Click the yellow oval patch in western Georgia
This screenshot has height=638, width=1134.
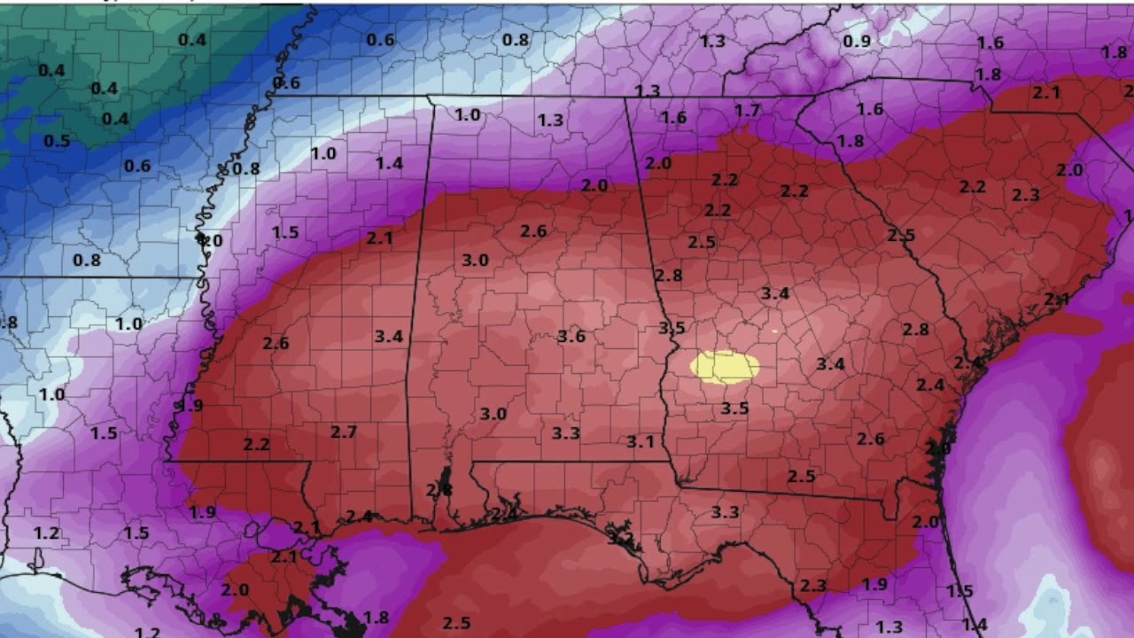pyautogui.click(x=725, y=367)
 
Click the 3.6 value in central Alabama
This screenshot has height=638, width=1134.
pyautogui.click(x=571, y=336)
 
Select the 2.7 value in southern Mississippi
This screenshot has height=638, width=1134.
pyautogui.click(x=344, y=432)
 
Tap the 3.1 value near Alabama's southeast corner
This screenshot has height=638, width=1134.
pyautogui.click(x=640, y=441)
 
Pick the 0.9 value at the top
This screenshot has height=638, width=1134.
pyautogui.click(x=857, y=41)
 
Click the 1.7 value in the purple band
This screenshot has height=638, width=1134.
pyautogui.click(x=747, y=110)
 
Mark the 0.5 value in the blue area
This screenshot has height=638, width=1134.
pyautogui.click(x=57, y=141)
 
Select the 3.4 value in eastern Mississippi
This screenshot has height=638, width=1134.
pyautogui.click(x=388, y=336)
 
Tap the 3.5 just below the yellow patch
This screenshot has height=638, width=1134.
pyautogui.click(x=734, y=408)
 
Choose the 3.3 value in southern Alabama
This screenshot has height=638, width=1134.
pyautogui.click(x=565, y=432)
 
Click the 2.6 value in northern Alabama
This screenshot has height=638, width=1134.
pyautogui.click(x=533, y=230)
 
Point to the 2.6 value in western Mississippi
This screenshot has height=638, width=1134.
pyautogui.click(x=276, y=343)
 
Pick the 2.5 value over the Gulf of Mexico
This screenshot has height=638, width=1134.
pyautogui.click(x=456, y=623)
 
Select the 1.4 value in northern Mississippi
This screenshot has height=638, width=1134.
pyautogui.click(x=389, y=162)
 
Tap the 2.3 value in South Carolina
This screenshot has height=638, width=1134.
pyautogui.click(x=1025, y=194)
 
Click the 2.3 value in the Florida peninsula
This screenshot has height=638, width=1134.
pyautogui.click(x=812, y=586)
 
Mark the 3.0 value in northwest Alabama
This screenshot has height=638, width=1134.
pyautogui.click(x=476, y=260)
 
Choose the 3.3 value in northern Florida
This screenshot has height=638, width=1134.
pyautogui.click(x=725, y=511)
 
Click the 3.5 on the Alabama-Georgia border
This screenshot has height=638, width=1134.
pyautogui.click(x=672, y=328)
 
